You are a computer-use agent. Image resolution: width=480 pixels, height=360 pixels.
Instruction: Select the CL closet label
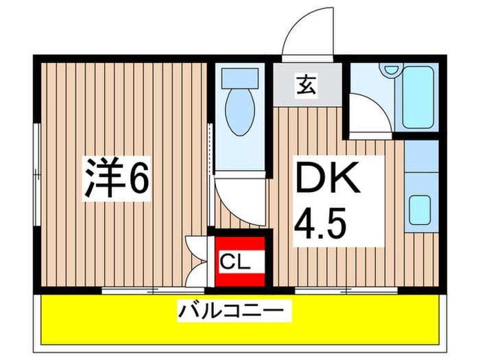[235, 261]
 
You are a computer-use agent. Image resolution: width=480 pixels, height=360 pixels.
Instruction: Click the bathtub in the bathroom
[420, 95]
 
